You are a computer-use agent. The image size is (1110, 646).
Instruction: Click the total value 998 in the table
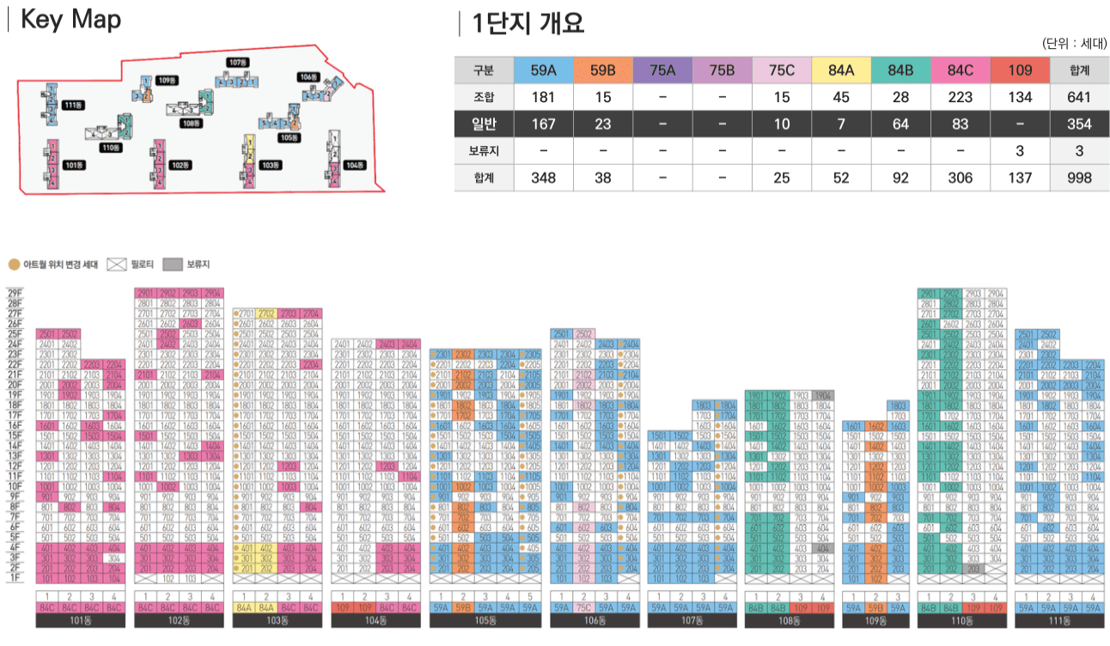point(1078,178)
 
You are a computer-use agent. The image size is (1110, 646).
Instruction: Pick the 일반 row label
point(483,124)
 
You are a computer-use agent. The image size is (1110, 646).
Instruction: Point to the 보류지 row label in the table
point(483,151)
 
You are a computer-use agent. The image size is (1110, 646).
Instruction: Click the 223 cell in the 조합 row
point(960,97)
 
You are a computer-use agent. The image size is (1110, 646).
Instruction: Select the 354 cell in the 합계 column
point(1078,124)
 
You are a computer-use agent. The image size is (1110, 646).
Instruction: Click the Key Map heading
point(70,21)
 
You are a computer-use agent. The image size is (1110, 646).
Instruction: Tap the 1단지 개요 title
point(528,23)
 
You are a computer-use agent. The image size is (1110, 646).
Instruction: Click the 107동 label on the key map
point(238,63)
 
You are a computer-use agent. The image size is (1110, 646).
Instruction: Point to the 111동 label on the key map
point(74,105)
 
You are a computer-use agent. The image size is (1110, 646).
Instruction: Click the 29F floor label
point(15,293)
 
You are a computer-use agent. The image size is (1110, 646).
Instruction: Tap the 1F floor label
point(15,578)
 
